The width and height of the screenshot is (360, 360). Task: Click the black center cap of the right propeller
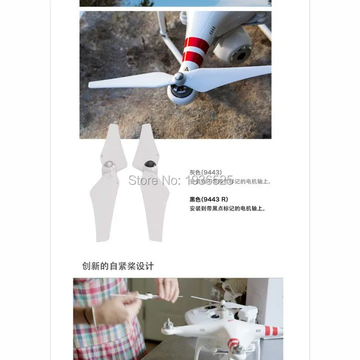coord(149,164)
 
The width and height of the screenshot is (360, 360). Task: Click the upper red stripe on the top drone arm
coord(196,45)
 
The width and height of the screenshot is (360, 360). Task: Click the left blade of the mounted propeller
coord(129,81)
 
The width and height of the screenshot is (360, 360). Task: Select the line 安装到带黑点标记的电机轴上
coord(227,208)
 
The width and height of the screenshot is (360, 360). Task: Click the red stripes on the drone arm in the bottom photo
coord(270,331)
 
